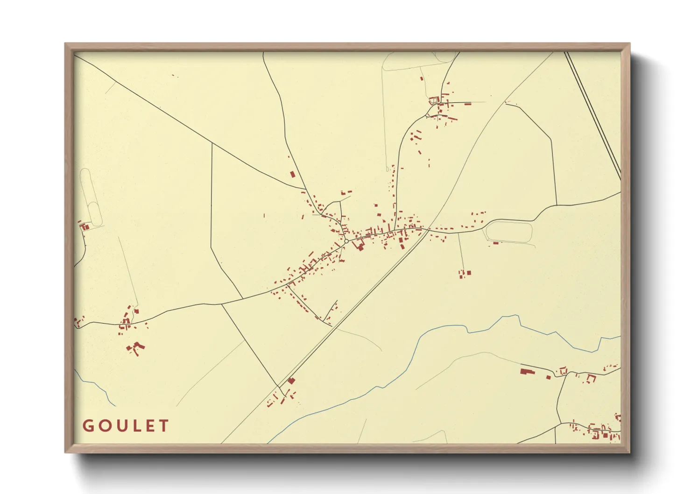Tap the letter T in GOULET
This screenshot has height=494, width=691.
click(x=163, y=426)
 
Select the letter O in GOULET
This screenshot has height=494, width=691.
click(x=103, y=426)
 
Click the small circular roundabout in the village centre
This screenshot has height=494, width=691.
click(x=346, y=241)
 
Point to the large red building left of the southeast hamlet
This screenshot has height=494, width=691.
click(x=527, y=372)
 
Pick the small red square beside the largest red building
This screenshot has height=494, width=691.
click(x=549, y=377)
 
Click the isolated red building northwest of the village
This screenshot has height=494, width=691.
click(x=293, y=174)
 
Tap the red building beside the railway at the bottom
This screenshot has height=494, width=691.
click(x=291, y=381)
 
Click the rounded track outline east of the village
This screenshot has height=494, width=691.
click(x=509, y=232)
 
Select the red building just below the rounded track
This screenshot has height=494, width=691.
click(x=496, y=243)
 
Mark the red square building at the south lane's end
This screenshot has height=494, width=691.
click(x=469, y=273)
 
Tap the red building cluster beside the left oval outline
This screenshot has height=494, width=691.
click(x=85, y=227)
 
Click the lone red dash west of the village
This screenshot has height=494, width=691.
click(x=264, y=215)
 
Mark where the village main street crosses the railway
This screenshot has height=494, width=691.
click(x=428, y=229)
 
